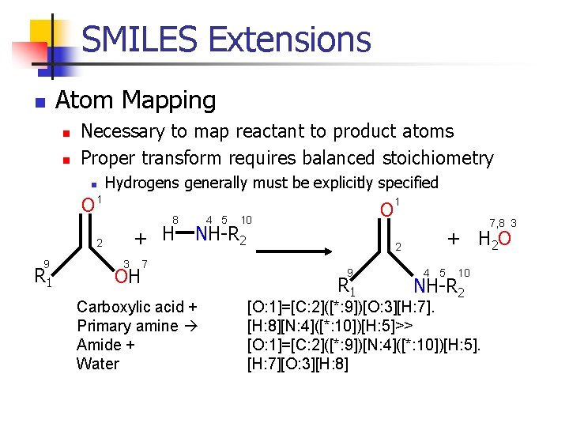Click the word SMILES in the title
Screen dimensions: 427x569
click(139, 39)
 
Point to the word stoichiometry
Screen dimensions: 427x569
click(438, 157)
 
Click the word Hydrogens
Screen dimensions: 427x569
click(144, 183)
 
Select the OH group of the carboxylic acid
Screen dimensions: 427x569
click(126, 277)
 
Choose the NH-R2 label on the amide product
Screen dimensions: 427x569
click(439, 286)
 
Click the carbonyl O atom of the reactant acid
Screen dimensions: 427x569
click(89, 206)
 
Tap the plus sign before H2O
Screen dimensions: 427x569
click(453, 237)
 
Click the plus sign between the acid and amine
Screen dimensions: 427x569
click(140, 237)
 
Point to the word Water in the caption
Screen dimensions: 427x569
click(97, 364)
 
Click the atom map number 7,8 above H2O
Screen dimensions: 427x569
click(497, 224)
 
